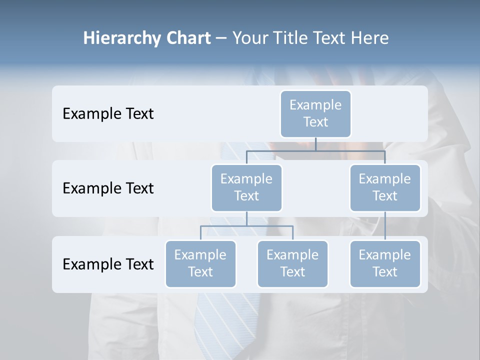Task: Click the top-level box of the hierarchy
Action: pyautogui.click(x=315, y=113)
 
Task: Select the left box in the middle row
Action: pyautogui.click(x=246, y=187)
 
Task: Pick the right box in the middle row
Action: pyautogui.click(x=385, y=187)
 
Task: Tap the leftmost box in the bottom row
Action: pyautogui.click(x=200, y=263)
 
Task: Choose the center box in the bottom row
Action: pyautogui.click(x=292, y=263)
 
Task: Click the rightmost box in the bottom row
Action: pyautogui.click(x=385, y=263)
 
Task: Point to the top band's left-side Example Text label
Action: pyautogui.click(x=108, y=113)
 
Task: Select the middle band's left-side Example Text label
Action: pyautogui.click(x=108, y=188)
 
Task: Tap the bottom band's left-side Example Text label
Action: pyautogui.click(x=108, y=264)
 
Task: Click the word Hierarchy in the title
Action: pyautogui.click(x=122, y=38)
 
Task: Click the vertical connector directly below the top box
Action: pyautogui.click(x=315, y=144)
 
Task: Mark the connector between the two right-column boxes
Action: pyautogui.click(x=385, y=226)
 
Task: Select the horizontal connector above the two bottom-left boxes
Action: pyautogui.click(x=246, y=226)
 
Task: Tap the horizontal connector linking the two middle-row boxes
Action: pyautogui.click(x=315, y=150)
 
